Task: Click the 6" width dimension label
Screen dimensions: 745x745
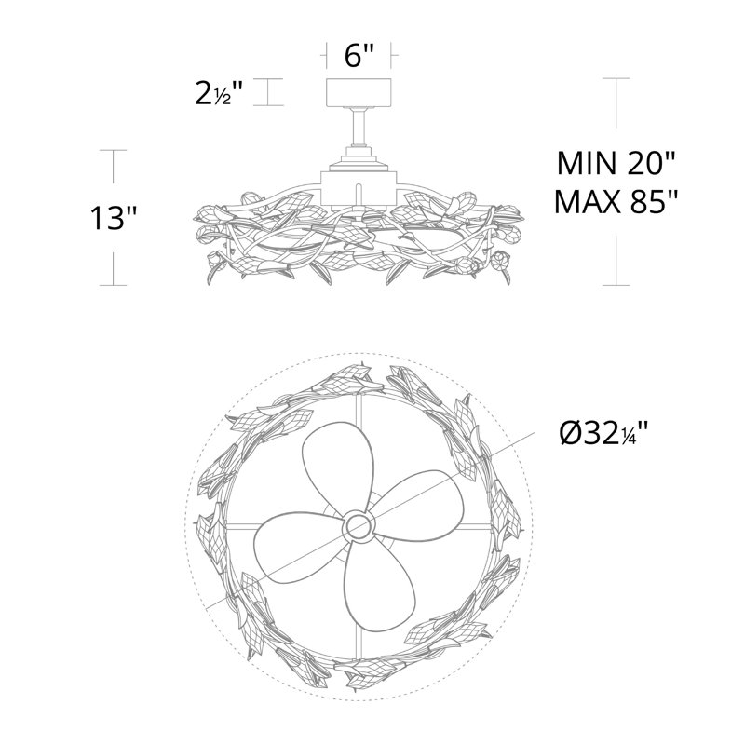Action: coord(359,55)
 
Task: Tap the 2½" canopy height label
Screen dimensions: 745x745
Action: coord(219,92)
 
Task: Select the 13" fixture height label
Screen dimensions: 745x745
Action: coord(114,218)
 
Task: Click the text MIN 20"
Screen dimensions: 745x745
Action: coord(616,163)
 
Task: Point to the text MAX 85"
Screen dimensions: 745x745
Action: coord(616,201)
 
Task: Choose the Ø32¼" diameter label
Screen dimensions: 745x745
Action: coord(603,433)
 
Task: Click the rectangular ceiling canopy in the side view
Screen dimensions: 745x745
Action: coord(359,92)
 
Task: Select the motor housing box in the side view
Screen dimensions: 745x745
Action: coord(359,189)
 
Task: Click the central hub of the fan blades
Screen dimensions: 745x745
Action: coord(359,525)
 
